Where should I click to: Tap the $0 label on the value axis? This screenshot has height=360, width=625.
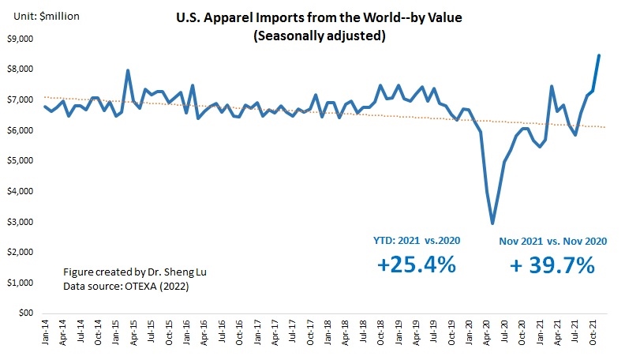[x=25, y=313]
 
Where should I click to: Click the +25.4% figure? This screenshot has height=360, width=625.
[x=416, y=266]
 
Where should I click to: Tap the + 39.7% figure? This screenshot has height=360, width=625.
[x=552, y=266]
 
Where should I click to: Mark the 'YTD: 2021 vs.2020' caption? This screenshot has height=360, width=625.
[x=417, y=240]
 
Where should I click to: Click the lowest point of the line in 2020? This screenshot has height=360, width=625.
[x=492, y=223]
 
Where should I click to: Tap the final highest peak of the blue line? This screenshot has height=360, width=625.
[x=599, y=55]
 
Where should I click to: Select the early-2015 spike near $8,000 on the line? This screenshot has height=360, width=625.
[x=128, y=70]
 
